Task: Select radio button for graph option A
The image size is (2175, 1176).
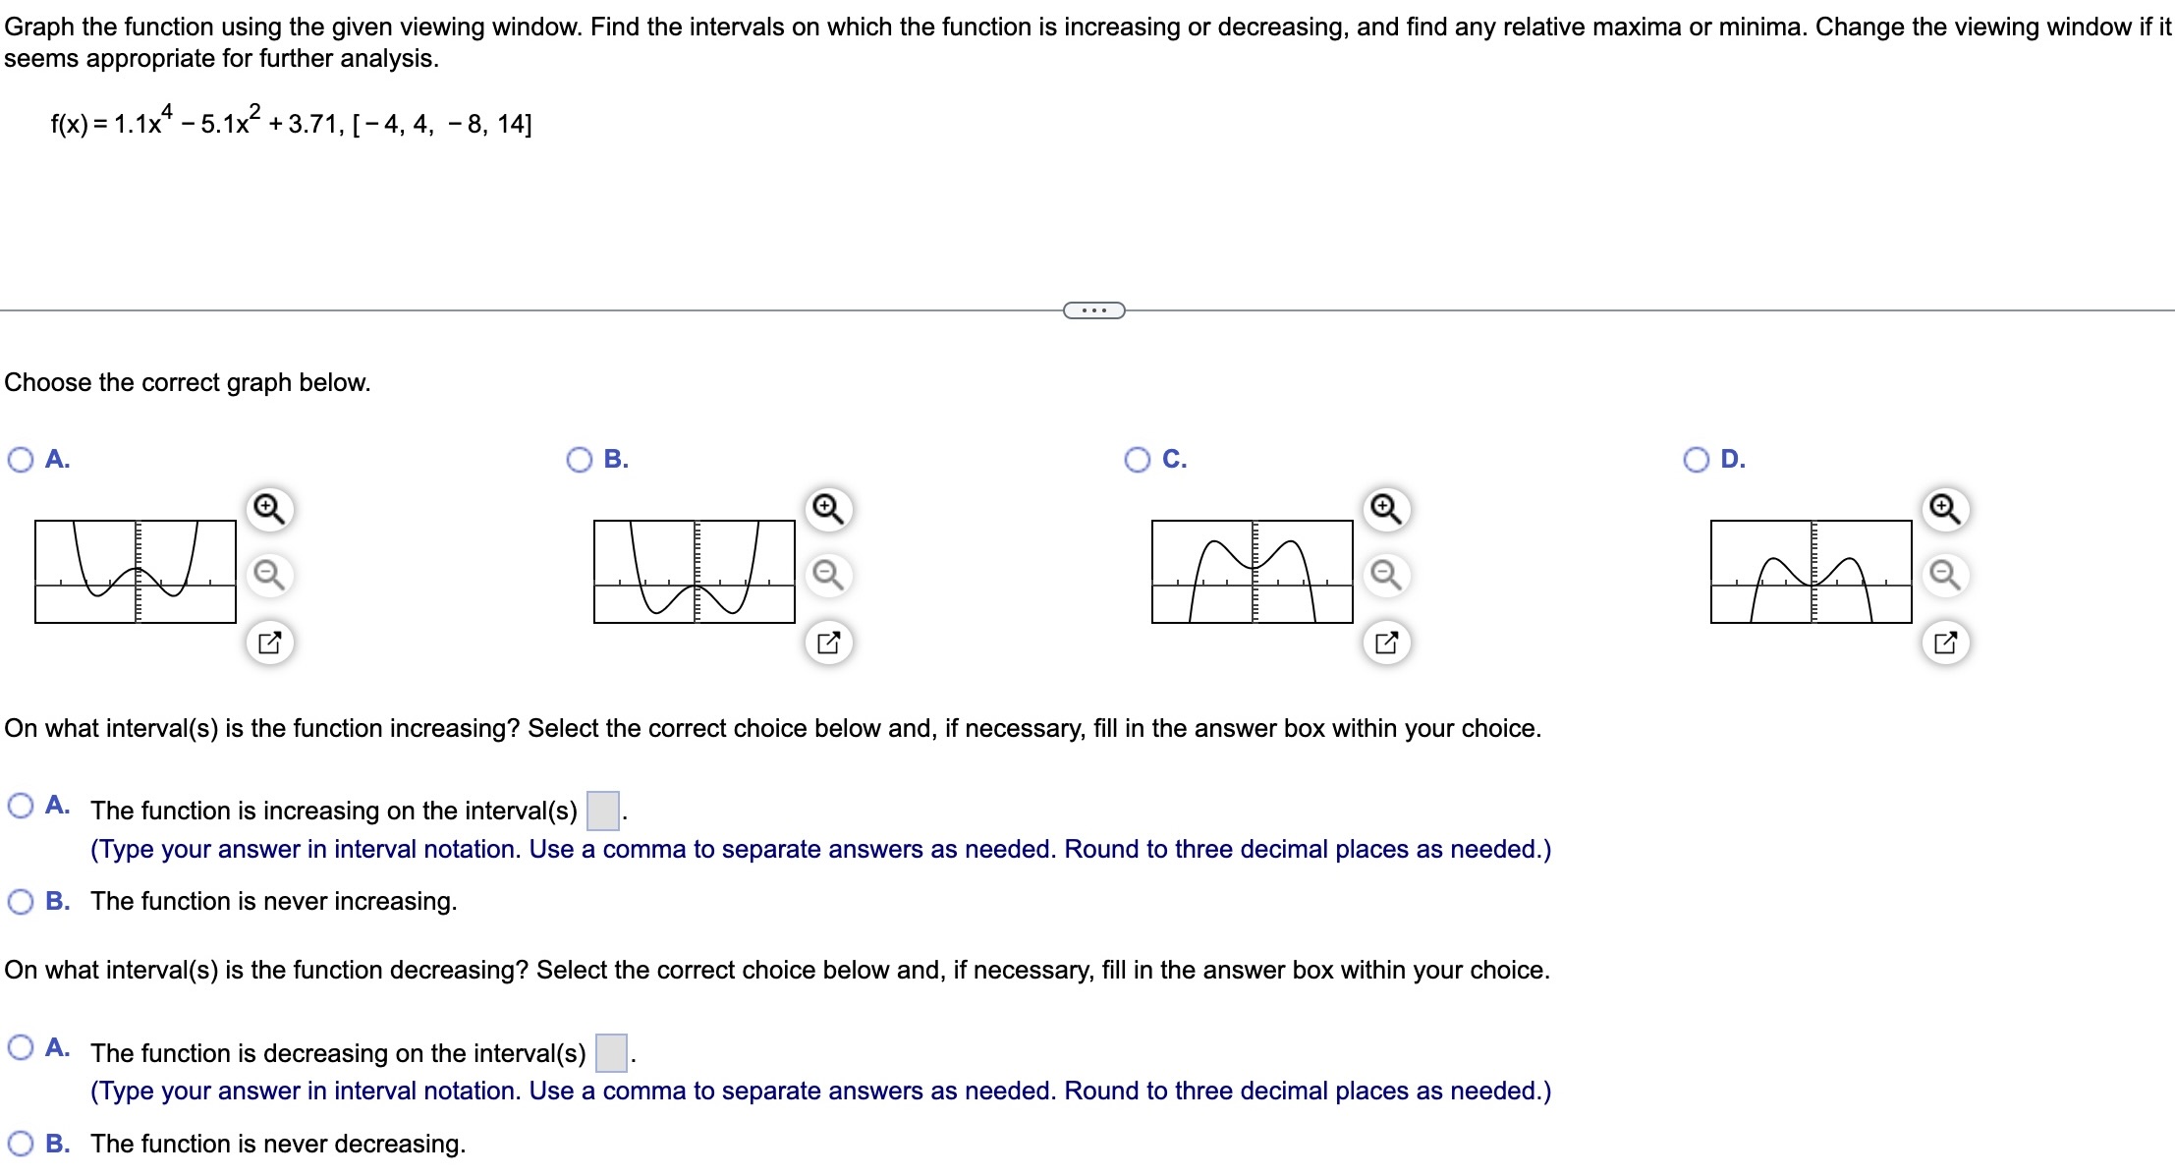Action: (x=21, y=460)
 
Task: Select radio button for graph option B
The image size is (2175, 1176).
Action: (x=580, y=460)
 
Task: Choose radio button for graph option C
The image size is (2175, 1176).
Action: (x=1138, y=460)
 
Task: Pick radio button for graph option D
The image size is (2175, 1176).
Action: (x=1697, y=460)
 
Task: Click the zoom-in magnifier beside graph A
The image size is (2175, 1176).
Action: (x=269, y=509)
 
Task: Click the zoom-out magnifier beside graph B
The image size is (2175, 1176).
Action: (x=828, y=574)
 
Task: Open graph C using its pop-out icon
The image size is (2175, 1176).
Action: (x=1386, y=644)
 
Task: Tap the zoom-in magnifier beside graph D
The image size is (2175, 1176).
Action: (x=1945, y=509)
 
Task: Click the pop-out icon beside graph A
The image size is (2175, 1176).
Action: (x=269, y=644)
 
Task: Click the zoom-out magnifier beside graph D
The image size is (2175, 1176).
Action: (x=1945, y=574)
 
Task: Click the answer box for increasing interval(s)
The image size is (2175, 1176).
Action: (x=602, y=811)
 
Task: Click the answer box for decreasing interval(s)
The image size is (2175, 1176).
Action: (x=611, y=1053)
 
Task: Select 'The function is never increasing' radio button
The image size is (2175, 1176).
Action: (x=21, y=901)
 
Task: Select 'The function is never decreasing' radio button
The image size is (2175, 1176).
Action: (x=21, y=1144)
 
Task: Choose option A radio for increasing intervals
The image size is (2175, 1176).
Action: (x=21, y=807)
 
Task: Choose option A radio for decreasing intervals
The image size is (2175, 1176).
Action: (x=21, y=1048)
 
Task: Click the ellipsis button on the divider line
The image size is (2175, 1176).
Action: (x=1093, y=310)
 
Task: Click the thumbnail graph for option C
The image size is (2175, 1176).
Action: (x=1252, y=572)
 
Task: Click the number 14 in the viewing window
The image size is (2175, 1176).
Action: (x=513, y=125)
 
